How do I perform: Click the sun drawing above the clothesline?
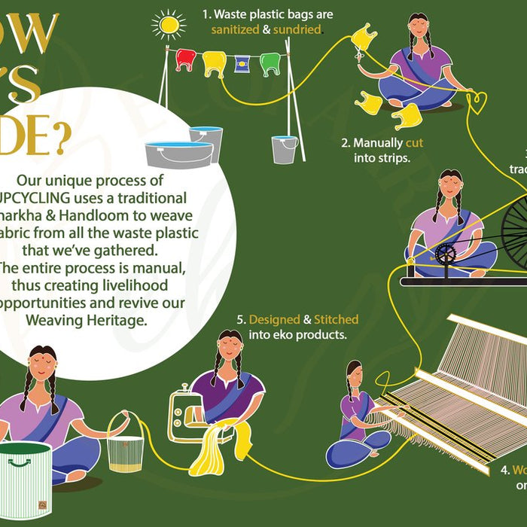point(168,24)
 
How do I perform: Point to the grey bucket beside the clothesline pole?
point(285,149)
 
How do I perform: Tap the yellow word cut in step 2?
point(414,142)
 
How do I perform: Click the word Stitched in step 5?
point(334,319)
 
